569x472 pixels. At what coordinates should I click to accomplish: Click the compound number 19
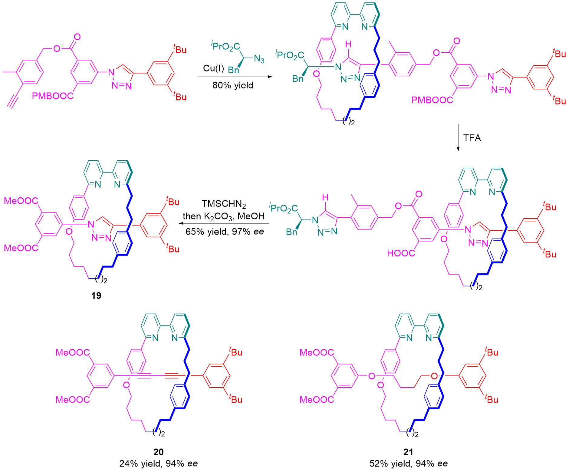click(x=96, y=295)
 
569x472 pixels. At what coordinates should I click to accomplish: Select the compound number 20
click(x=158, y=452)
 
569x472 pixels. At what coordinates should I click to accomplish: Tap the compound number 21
click(x=408, y=452)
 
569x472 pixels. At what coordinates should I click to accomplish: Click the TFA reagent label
click(x=472, y=138)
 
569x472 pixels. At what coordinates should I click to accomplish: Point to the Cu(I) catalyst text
click(x=213, y=68)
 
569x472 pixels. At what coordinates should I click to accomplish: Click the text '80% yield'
click(x=233, y=85)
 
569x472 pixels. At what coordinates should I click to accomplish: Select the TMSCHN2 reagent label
click(x=224, y=204)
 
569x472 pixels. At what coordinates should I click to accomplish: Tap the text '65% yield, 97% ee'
click(x=225, y=232)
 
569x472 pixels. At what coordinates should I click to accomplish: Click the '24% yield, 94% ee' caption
click(x=158, y=464)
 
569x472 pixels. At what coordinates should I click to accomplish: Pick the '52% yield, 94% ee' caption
click(x=408, y=464)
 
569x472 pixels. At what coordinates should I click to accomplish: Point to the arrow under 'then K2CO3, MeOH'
click(x=224, y=223)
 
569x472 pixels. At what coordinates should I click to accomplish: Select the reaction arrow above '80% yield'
click(x=235, y=77)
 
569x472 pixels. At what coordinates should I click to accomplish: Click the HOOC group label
click(x=401, y=253)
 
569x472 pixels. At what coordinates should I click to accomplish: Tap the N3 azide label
click(x=259, y=59)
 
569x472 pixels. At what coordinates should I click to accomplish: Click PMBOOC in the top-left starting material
click(x=53, y=96)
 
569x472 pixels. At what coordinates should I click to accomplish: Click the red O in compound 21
click(x=434, y=376)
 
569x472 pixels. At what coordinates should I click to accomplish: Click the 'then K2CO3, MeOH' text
click(x=224, y=216)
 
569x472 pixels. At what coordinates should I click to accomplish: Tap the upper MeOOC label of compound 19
click(x=21, y=201)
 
